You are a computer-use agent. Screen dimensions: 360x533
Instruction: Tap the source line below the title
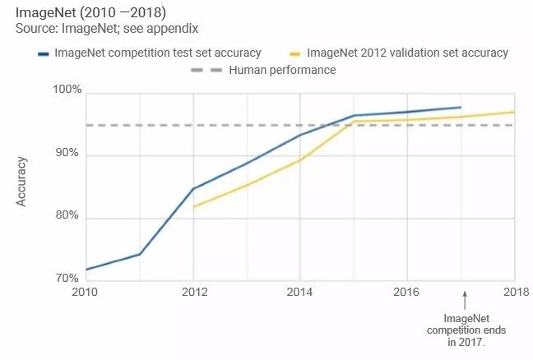click(x=107, y=28)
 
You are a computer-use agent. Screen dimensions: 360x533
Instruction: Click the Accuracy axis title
click(x=22, y=182)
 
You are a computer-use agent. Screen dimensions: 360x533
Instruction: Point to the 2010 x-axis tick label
click(x=86, y=291)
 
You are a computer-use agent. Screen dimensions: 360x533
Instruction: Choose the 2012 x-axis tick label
click(x=193, y=291)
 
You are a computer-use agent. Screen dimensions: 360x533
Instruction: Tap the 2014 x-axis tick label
click(x=300, y=291)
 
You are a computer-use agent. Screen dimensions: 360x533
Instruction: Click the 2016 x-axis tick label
click(x=408, y=291)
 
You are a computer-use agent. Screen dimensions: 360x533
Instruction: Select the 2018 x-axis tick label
click(x=515, y=291)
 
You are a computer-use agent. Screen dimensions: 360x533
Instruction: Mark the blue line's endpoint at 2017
click(x=461, y=107)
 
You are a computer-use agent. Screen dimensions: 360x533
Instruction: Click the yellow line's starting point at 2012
click(x=193, y=206)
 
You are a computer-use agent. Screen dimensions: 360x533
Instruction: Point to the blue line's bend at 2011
click(x=140, y=254)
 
